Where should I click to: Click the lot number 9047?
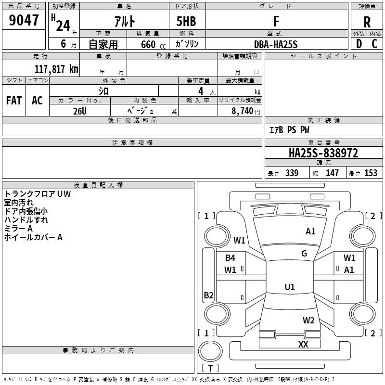pos(24,22)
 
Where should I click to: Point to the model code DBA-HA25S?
pos(276,44)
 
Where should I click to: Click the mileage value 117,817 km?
pos(56,69)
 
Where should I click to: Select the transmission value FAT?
pos(14,101)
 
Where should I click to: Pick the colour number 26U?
pos(79,111)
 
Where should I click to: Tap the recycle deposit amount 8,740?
pos(242,111)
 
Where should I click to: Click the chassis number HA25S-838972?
pos(323,154)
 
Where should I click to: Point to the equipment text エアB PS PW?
pos(289,130)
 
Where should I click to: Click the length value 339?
pos(292,173)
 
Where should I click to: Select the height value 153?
pos(371,173)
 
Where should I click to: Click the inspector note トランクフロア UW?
pos(38,194)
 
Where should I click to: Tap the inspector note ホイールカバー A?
pos(33,237)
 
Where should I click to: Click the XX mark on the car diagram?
pos(303,344)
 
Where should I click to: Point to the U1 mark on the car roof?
pos(289,287)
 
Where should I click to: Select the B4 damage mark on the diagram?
pos(230,258)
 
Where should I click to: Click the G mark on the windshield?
pos(304,253)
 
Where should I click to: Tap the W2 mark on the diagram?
pos(308,321)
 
